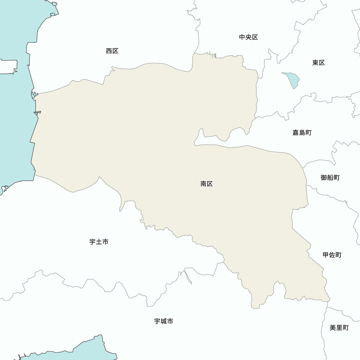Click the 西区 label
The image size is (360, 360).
(112, 51)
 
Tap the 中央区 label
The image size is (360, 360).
(248, 37)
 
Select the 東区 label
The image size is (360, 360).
(319, 63)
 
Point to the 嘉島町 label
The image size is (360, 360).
(302, 132)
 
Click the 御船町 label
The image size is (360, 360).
(330, 177)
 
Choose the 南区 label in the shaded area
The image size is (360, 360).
(207, 184)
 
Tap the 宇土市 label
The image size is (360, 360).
(99, 242)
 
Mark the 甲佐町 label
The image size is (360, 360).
(332, 255)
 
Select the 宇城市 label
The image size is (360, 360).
(163, 321)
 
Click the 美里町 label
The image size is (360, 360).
(339, 328)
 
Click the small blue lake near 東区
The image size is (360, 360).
(292, 80)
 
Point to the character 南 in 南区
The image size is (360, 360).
(203, 184)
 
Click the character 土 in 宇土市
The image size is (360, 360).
(99, 242)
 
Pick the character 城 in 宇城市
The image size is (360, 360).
(163, 321)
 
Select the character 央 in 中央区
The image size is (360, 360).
(248, 37)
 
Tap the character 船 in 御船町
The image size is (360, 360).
(330, 177)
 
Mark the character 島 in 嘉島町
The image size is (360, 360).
(302, 132)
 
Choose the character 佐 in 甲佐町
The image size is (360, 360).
(332, 255)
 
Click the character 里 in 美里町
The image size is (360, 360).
(339, 328)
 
